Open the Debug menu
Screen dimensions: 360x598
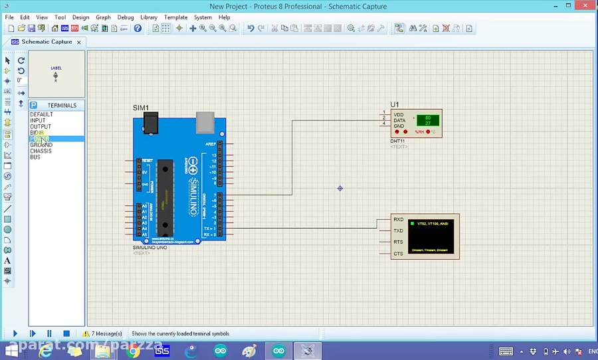tap(126, 17)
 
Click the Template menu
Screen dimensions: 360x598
tap(175, 17)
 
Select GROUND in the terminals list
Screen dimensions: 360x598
tap(41, 145)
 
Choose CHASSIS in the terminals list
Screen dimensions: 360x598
tap(41, 151)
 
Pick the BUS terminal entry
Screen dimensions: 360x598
tap(35, 157)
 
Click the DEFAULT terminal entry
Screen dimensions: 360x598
tap(41, 114)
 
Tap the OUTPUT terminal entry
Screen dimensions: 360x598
tap(40, 126)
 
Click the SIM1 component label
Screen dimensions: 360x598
tap(141, 108)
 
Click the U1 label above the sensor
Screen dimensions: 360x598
tap(395, 105)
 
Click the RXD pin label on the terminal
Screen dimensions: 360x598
tap(398, 219)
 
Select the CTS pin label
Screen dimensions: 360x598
tap(398, 253)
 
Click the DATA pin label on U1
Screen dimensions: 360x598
tap(399, 120)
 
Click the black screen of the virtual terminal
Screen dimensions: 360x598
tap(431, 236)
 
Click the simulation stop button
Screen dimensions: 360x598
tap(66, 333)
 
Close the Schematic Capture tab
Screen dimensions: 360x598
tap(78, 42)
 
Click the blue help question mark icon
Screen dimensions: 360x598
tap(138, 29)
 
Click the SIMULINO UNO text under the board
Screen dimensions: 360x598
tap(149, 247)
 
